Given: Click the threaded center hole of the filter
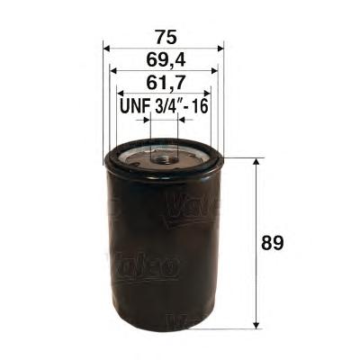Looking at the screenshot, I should pos(164,157).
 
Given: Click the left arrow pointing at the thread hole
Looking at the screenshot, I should pos(145,120).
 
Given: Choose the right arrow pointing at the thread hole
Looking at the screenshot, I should pos(183,120).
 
